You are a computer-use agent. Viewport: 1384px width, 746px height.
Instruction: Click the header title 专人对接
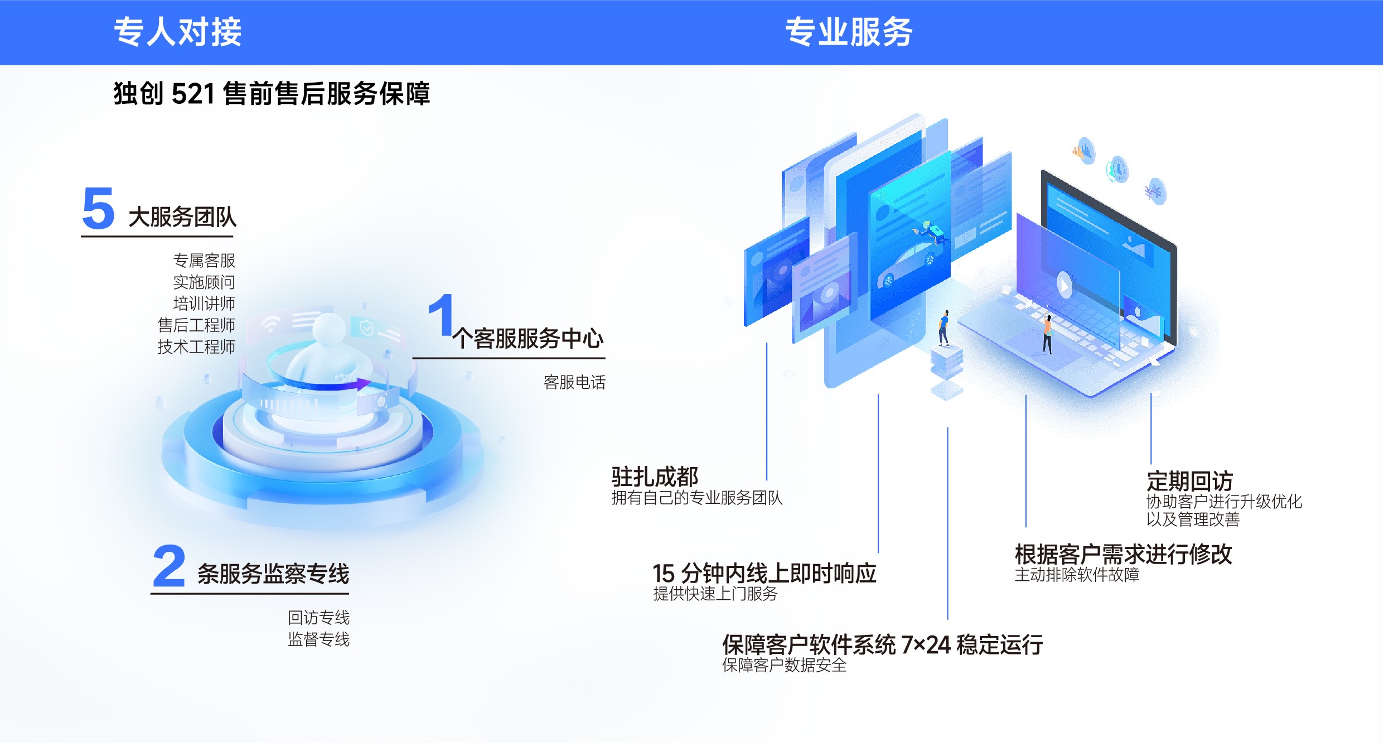tap(177, 32)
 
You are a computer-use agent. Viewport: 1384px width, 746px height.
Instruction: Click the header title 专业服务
tap(849, 32)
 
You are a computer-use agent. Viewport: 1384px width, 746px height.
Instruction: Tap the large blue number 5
tap(98, 208)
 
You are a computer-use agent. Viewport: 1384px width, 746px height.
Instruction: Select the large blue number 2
tap(168, 566)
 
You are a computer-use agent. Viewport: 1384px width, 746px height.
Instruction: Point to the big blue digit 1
tap(442, 315)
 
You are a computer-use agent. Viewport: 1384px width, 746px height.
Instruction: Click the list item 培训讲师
tap(204, 304)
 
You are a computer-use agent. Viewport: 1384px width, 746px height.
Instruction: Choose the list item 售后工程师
tap(196, 325)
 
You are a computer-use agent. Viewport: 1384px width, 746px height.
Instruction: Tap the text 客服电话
tap(574, 382)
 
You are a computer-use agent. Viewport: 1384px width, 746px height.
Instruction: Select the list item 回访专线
tap(319, 618)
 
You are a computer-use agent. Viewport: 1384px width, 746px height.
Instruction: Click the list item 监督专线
tap(319, 639)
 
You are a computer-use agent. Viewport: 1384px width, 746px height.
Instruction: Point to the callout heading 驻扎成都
tap(655, 477)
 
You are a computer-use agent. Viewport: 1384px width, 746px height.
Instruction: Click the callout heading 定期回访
tap(1189, 481)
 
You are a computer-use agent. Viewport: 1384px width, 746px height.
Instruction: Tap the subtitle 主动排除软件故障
tap(1077, 575)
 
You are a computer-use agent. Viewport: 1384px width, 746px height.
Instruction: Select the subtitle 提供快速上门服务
tap(715, 594)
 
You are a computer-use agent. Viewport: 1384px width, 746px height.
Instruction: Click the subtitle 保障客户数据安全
tap(784, 665)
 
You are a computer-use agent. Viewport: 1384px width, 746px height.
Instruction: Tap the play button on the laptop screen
tap(1064, 285)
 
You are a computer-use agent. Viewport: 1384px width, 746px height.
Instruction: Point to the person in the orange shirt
tap(1048, 334)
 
